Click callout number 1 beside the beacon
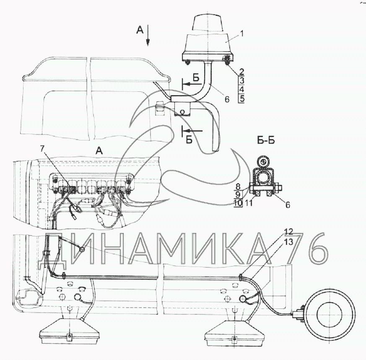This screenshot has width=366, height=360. coord(241,34)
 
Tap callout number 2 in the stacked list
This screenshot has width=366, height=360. coord(241,72)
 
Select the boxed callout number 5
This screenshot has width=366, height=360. coord(242,98)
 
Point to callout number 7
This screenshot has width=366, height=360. coord(42,149)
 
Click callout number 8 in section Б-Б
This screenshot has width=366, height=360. coord(238,186)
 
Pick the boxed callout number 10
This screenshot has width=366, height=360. coord(238,203)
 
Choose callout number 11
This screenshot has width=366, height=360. coord(249,203)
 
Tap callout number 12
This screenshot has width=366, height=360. coord(288,232)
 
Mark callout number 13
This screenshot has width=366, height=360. coord(289,242)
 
